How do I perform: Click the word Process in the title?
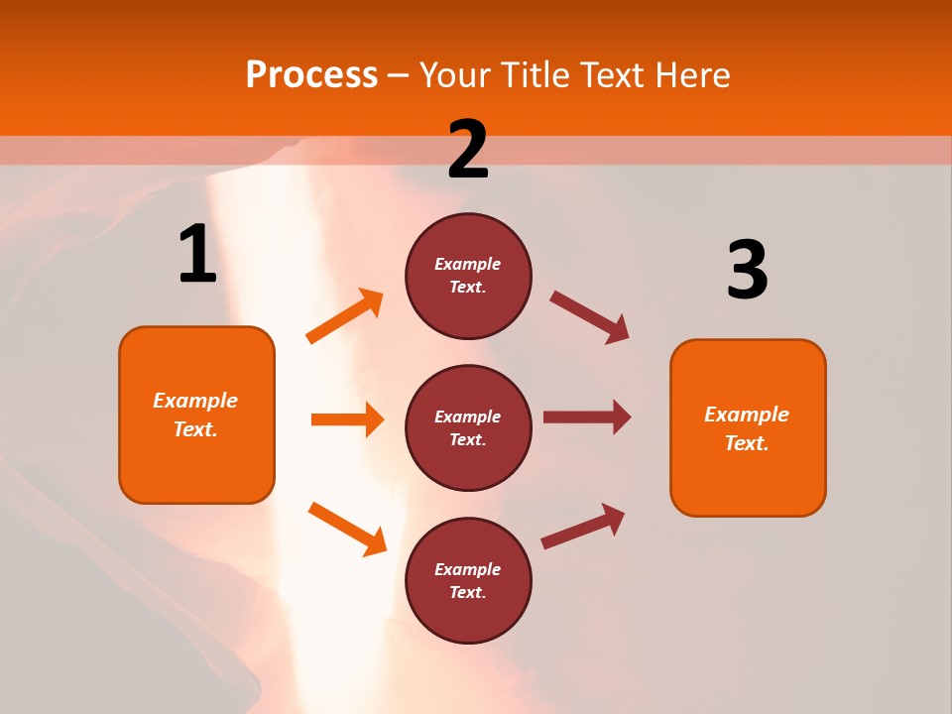pyautogui.click(x=311, y=74)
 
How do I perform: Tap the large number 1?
pyautogui.click(x=197, y=254)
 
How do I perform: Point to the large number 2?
pyautogui.click(x=468, y=150)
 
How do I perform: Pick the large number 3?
pyautogui.click(x=747, y=270)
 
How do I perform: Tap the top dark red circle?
pyautogui.click(x=468, y=276)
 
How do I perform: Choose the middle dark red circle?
pyautogui.click(x=468, y=427)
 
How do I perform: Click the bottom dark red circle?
pyautogui.click(x=468, y=580)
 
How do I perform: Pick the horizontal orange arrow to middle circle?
pyautogui.click(x=347, y=419)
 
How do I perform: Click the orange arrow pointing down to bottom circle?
pyautogui.click(x=347, y=529)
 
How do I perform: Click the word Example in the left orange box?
pyautogui.click(x=195, y=401)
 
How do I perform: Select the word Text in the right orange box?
pyautogui.click(x=746, y=443)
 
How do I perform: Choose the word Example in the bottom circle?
pyautogui.click(x=468, y=569)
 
